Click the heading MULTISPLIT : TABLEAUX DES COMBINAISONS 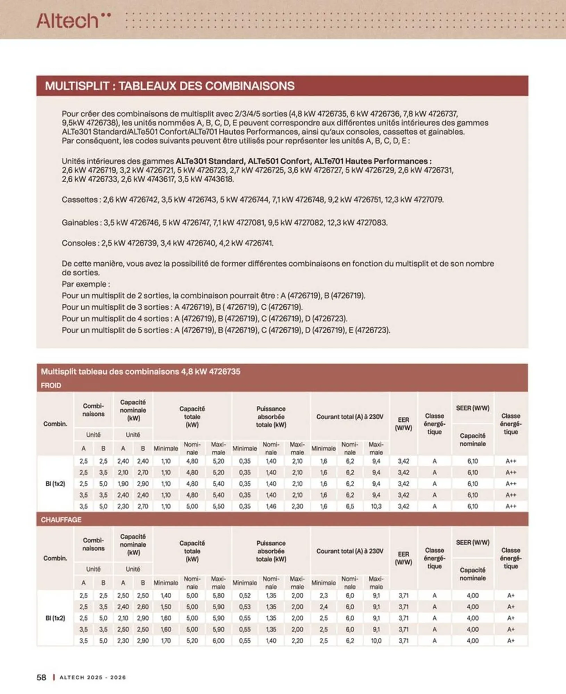169,86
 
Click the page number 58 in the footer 41,677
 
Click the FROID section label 51,385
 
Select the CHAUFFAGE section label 61,519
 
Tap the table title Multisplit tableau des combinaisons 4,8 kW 140,371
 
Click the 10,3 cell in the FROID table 376,506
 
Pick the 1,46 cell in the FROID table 271,506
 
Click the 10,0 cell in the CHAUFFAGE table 376,641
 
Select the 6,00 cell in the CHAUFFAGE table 218,641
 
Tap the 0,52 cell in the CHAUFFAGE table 244,595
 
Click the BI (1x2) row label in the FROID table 55,483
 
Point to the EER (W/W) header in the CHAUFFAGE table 403,558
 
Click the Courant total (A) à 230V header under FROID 350,416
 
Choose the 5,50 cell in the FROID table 218,506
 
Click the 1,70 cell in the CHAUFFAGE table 166,641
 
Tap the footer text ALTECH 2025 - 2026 93,677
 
